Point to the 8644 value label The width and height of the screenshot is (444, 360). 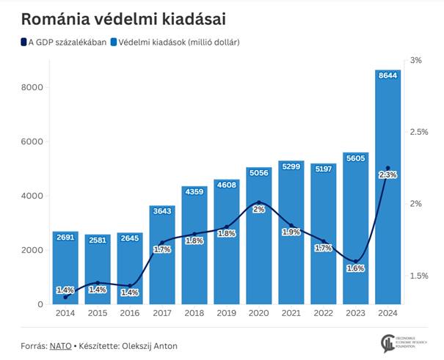(387, 75)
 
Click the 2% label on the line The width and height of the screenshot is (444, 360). (259, 209)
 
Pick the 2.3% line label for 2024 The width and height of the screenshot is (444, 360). (387, 175)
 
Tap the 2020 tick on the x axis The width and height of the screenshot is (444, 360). (259, 314)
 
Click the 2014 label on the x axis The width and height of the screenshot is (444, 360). (65, 314)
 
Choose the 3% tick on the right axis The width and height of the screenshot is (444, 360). (416, 60)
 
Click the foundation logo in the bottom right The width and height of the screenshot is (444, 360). (393, 342)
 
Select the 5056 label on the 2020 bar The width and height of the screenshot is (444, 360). (259, 173)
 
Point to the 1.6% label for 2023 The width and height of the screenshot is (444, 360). (355, 268)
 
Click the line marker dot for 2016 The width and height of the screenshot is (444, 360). (130, 286)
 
